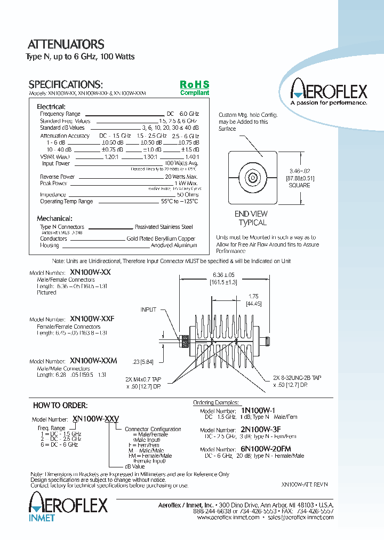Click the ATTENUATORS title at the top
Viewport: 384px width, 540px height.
click(66, 44)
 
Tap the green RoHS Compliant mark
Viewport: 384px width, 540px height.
click(194, 88)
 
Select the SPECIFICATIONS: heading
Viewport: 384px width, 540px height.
click(65, 84)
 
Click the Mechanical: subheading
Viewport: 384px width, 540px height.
click(54, 218)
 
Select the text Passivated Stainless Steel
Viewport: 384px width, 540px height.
click(165, 227)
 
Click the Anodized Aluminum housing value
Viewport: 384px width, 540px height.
click(174, 245)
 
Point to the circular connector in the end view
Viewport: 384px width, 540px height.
click(252, 178)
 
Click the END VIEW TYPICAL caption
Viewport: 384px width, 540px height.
click(251, 218)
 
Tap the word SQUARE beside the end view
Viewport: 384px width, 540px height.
click(299, 185)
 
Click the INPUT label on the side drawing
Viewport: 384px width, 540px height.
click(149, 309)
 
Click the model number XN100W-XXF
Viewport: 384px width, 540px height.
click(92, 319)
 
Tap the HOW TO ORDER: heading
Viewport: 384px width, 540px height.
click(60, 406)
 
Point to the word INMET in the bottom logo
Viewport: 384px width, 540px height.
click(42, 518)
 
